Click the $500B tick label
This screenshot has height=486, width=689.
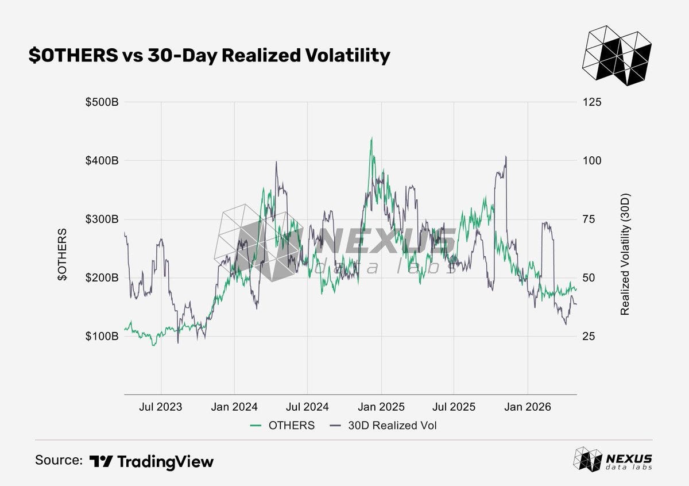pos(102,102)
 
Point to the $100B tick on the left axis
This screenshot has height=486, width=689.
pos(102,336)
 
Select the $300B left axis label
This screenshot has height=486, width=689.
pos(102,219)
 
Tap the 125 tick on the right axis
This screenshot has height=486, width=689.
pos(592,102)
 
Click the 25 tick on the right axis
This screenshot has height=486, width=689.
pos(589,336)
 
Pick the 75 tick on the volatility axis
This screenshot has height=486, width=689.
pos(589,219)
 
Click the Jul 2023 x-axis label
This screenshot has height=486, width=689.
pos(161,407)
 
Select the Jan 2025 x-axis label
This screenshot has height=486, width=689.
pos(381,407)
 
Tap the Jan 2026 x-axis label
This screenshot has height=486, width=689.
pos(528,407)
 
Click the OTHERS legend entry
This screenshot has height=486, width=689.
pos(282,425)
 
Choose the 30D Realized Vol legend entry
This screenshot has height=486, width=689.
pos(383,425)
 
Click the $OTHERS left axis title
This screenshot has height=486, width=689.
pos(62,254)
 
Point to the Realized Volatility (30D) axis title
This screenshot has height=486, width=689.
pos(625,254)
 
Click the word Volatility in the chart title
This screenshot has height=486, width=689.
pos(348,56)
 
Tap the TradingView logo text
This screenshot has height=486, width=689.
pos(152,461)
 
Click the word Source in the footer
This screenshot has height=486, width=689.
pos(59,460)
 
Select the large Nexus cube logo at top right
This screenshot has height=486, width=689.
pos(617,55)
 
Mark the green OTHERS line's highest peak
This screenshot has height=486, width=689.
pos(371,138)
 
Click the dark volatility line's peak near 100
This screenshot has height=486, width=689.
pos(506,157)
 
